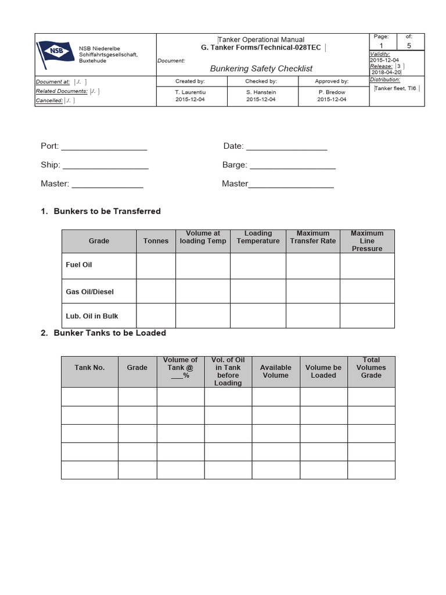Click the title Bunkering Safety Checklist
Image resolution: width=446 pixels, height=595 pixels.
(261, 69)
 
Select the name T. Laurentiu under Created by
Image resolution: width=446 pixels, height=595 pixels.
(190, 91)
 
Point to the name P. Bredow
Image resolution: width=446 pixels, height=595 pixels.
(332, 91)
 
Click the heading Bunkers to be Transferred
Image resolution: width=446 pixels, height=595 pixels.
(107, 211)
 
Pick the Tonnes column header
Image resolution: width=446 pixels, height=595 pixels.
(156, 241)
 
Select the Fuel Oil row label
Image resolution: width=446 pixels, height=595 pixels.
(79, 265)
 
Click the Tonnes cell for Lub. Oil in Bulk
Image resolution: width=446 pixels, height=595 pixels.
(156, 316)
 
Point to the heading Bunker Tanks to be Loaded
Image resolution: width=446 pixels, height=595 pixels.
(110, 333)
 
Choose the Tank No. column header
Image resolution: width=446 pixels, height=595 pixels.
(89, 368)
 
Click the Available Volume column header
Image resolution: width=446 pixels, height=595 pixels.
(276, 371)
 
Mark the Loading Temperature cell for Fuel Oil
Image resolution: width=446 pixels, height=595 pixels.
(258, 266)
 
